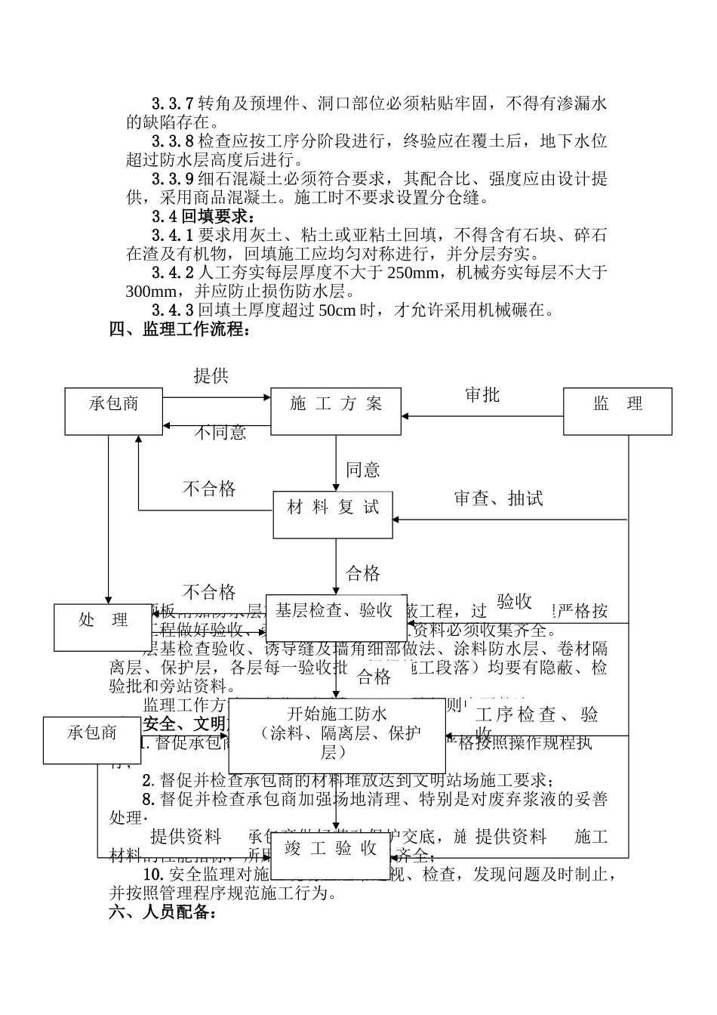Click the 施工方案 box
coord(336,411)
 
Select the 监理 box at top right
coord(617,411)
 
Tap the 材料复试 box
coord(333,515)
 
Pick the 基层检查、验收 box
coord(336,617)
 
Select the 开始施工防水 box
coord(337,736)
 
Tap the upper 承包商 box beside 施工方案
coord(113,411)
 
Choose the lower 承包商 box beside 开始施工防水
coord(91,740)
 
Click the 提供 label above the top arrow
coord(211,375)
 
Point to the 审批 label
coord(482,394)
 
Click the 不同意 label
coord(220,433)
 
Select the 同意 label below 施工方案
coord(362,470)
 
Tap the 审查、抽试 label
coord(498,498)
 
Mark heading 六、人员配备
coord(164,912)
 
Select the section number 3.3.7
coord(173,103)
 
